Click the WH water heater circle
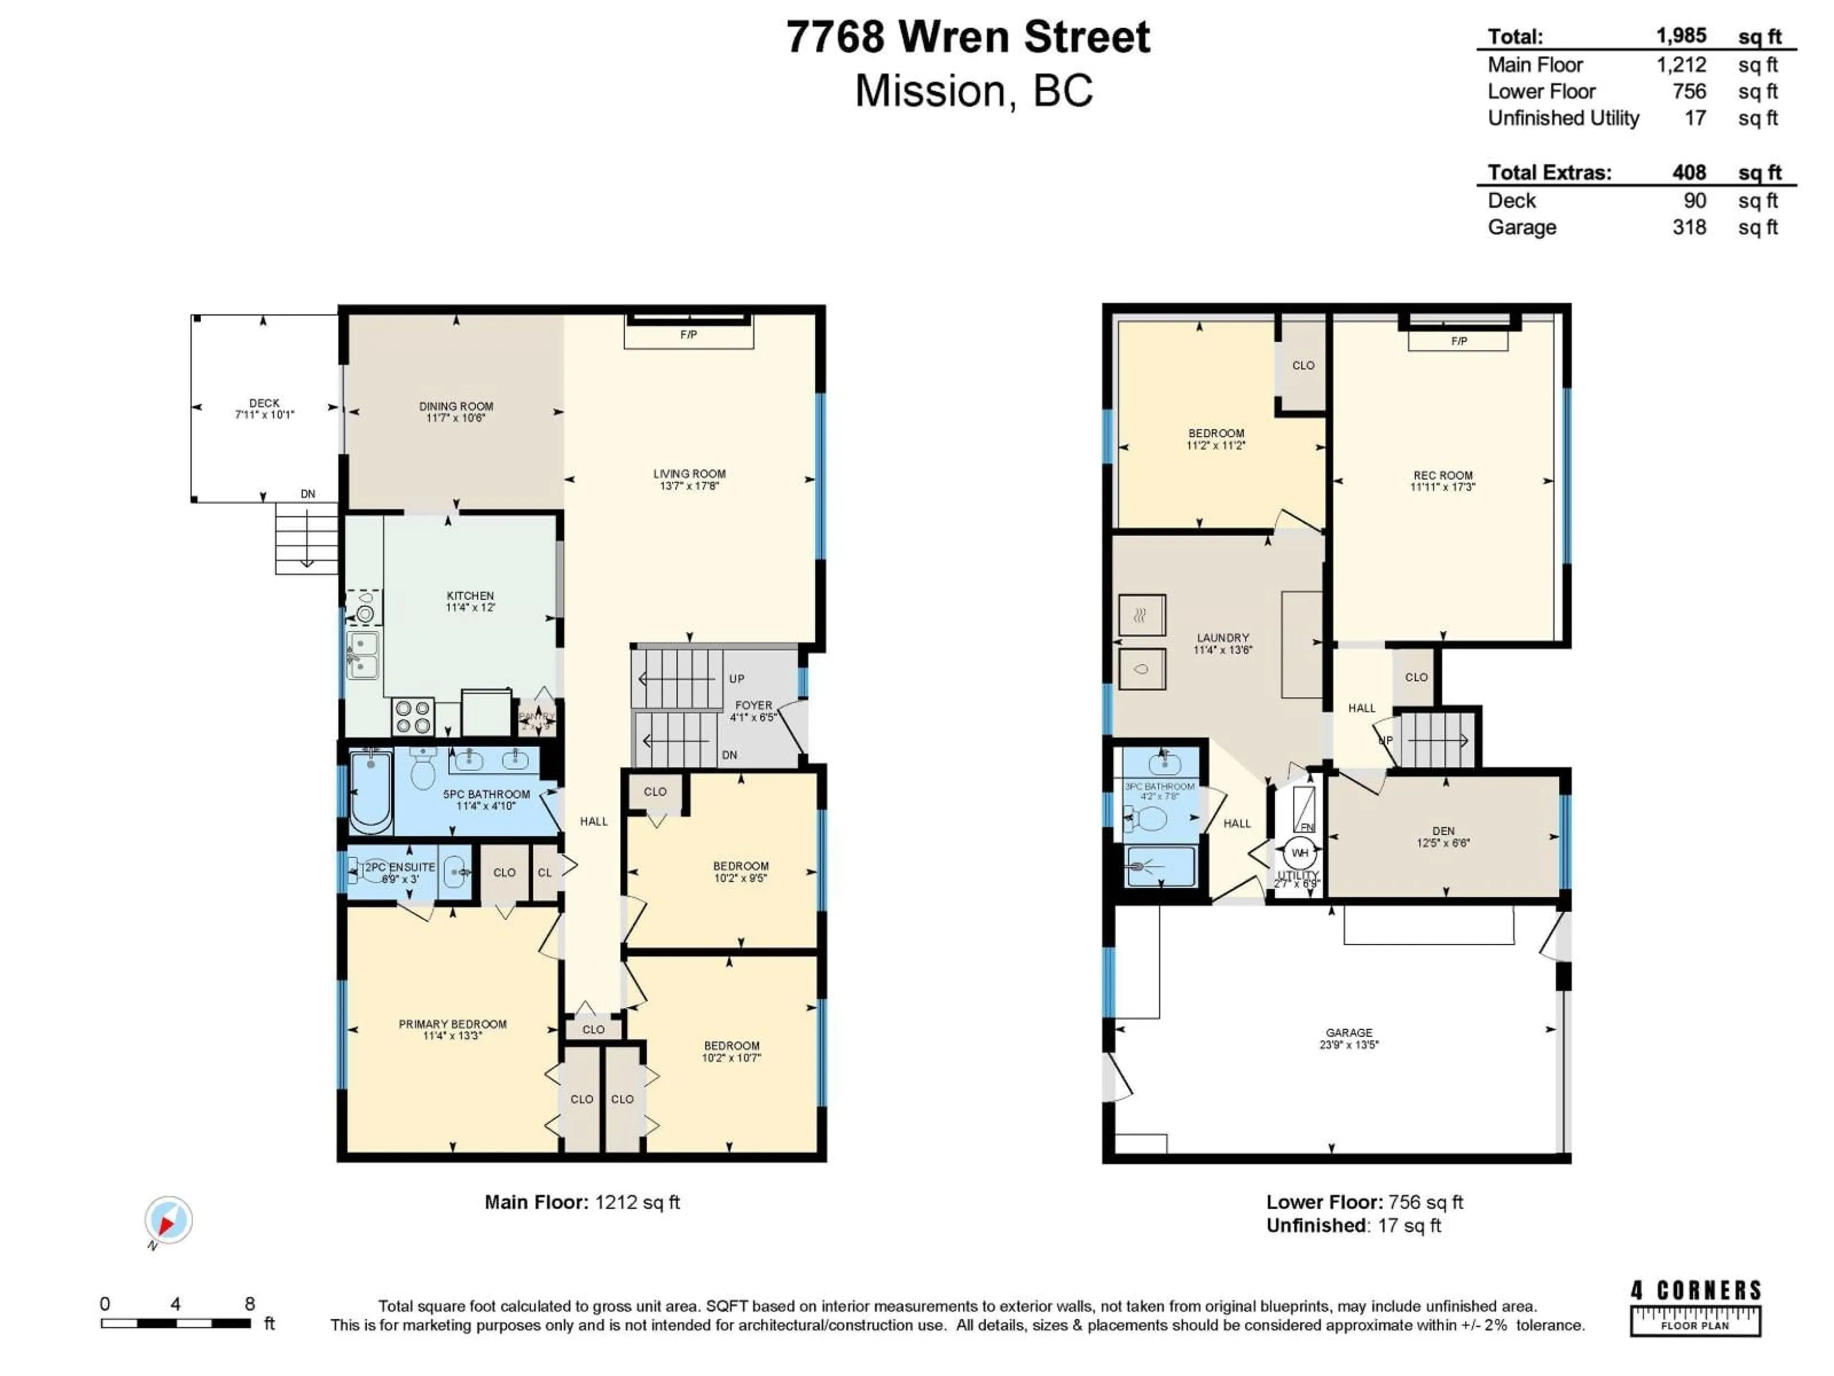pos(1299,853)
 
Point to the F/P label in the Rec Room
pos(1459,341)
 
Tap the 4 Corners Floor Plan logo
pos(1695,1309)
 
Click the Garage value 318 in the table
pos(1689,227)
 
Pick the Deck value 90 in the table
pos(1695,201)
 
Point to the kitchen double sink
pos(363,655)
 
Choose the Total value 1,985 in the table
pos(1681,36)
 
